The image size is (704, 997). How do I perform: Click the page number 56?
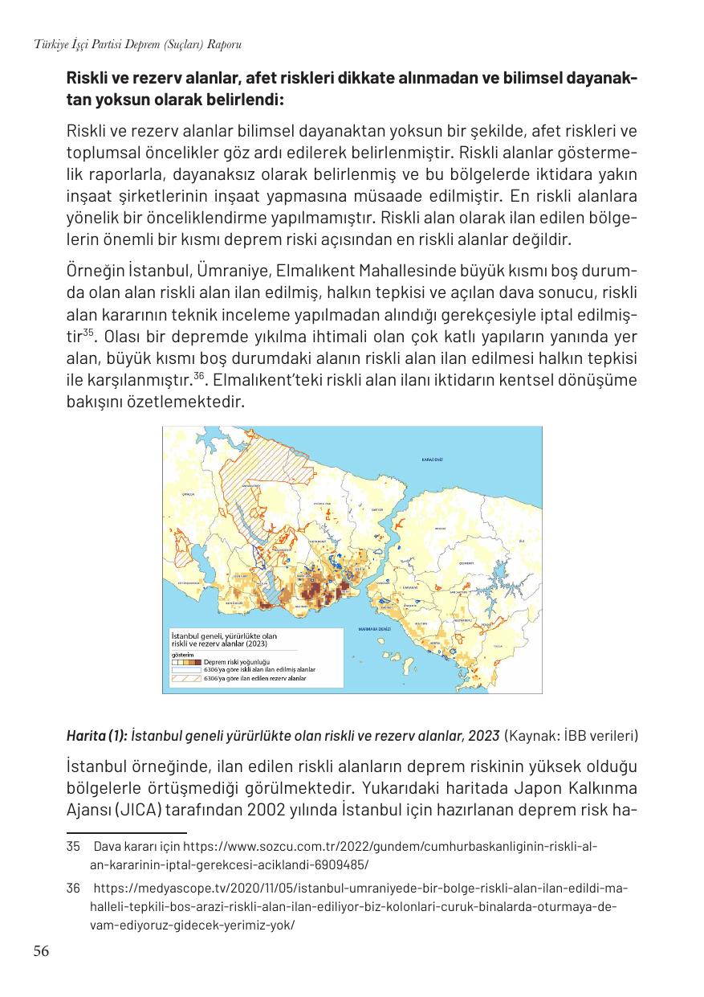tap(41, 952)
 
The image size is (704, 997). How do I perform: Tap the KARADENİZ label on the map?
tap(433, 459)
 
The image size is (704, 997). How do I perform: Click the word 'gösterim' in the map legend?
tap(181, 653)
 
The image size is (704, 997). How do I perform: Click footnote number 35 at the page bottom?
tap(74, 846)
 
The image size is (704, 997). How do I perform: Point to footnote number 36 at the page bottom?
tap(74, 889)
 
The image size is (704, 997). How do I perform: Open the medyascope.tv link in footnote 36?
tap(360, 889)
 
